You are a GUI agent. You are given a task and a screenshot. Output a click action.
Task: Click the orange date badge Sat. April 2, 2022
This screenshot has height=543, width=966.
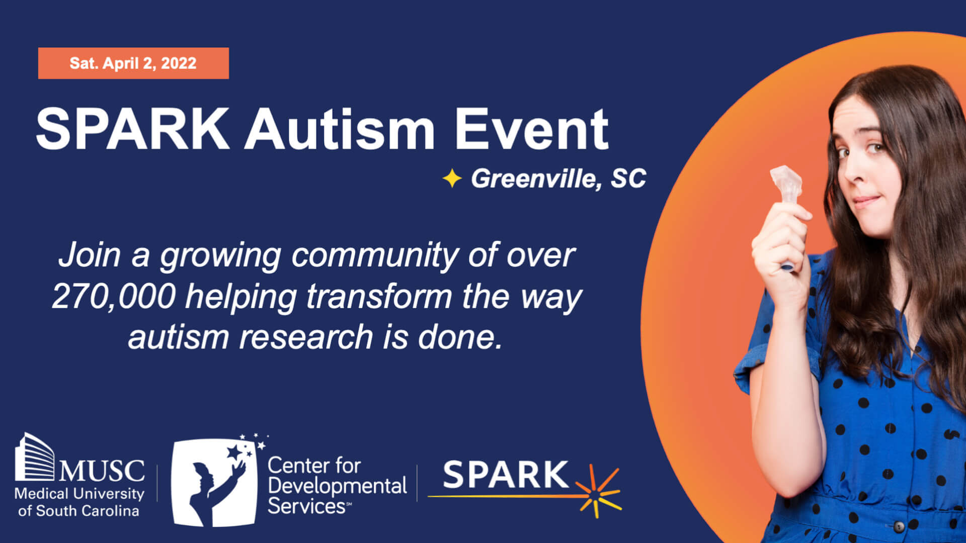133,63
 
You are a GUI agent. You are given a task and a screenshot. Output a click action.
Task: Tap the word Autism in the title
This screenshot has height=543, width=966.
340,129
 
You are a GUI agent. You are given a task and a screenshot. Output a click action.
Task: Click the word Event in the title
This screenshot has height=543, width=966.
532,129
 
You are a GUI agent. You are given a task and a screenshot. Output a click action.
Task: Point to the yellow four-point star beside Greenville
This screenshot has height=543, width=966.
452,178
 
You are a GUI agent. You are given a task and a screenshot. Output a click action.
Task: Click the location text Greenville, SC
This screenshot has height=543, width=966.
558,178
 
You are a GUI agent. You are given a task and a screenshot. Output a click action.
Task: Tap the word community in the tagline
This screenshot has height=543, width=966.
375,256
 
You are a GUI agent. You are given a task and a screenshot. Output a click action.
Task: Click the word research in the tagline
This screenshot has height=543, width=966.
306,336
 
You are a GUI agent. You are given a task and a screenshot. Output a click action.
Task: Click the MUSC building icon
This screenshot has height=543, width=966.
34,457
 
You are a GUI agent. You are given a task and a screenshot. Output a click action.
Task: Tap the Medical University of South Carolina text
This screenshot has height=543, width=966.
79,502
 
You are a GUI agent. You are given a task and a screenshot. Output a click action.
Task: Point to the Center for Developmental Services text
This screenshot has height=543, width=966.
337,486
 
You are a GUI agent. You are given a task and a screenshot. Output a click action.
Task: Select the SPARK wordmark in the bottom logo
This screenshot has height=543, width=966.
506,475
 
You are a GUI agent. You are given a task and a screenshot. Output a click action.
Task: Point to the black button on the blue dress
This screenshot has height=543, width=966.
899,527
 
